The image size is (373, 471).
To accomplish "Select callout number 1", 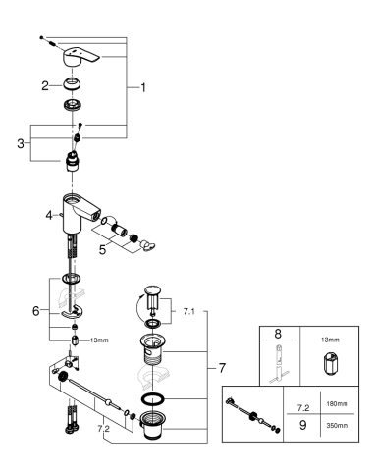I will coord(142,87).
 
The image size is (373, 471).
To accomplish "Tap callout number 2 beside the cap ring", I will coord(44,86).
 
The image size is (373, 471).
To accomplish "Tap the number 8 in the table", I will coord(281,334).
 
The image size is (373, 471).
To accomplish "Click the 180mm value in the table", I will coord(337,405).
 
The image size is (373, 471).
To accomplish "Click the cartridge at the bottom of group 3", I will coord(75,160).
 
